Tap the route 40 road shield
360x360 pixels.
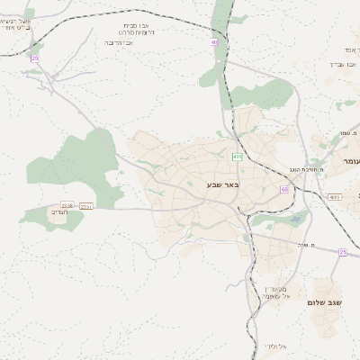214,42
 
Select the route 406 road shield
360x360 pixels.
237,157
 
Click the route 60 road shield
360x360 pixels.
284,189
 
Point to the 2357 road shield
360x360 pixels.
86,206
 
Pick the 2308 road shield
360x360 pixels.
67,206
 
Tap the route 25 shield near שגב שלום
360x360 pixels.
342,252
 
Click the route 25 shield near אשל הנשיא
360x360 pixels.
34,58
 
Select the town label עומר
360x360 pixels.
349,160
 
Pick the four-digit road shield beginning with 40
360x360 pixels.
334,196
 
